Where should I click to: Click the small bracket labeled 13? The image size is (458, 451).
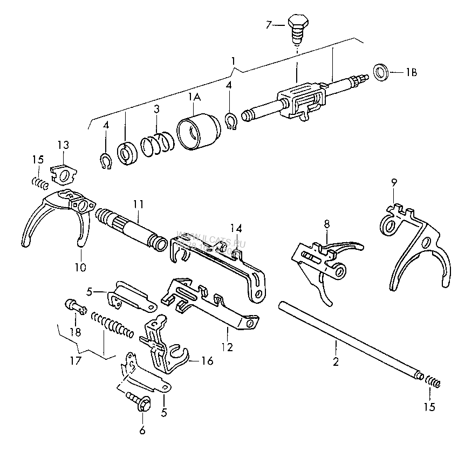(64, 173)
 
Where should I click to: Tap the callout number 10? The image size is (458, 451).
(79, 266)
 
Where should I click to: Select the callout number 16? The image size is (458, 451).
(207, 360)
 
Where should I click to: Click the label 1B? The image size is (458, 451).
(412, 72)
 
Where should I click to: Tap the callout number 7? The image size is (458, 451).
(268, 24)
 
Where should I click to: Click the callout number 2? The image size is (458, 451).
(336, 362)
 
